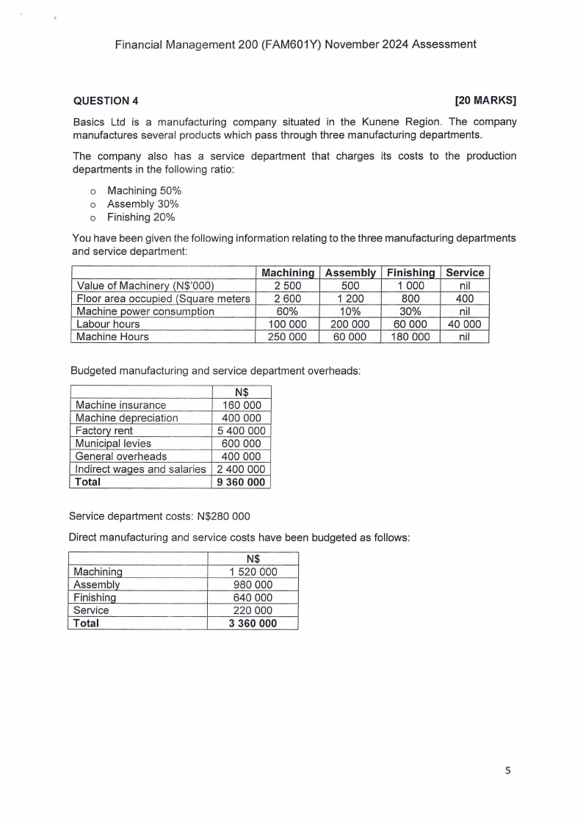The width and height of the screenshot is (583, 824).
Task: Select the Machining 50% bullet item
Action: click(x=144, y=191)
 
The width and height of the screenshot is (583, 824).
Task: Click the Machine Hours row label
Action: click(x=112, y=337)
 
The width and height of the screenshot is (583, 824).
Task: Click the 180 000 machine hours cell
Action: click(x=410, y=337)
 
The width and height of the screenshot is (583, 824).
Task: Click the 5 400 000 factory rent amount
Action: click(x=241, y=431)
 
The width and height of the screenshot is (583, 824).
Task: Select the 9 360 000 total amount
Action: click(x=241, y=482)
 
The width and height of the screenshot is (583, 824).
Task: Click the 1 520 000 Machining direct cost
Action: click(x=253, y=573)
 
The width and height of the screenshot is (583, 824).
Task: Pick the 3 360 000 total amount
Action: click(x=253, y=624)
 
